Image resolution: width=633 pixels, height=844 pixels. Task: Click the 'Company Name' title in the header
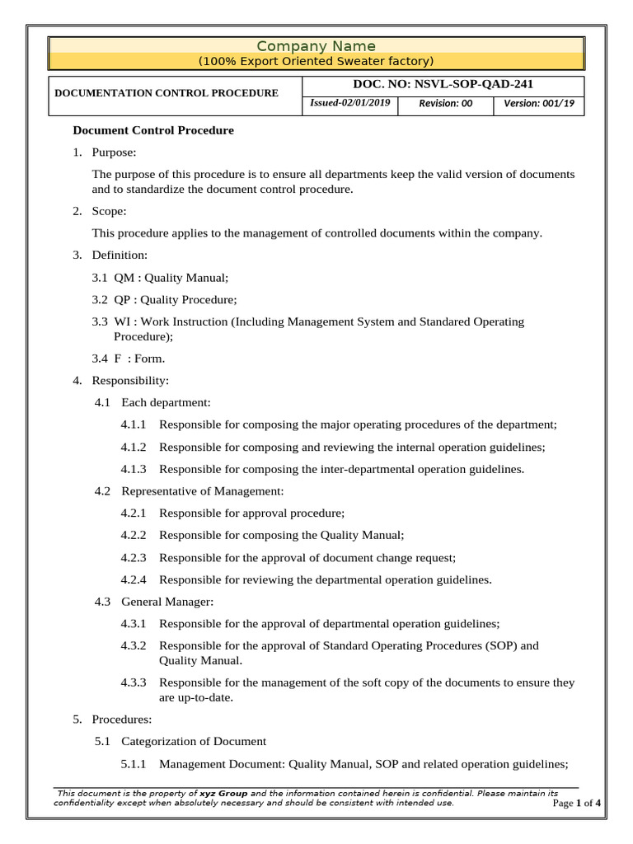point(316,46)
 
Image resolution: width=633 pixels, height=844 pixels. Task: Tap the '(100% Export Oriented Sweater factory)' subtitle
point(316,62)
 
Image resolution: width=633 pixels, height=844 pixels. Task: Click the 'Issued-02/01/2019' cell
point(351,103)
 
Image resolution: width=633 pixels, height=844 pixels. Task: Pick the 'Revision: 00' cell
point(445,104)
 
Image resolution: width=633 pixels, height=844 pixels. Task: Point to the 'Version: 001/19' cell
point(539,104)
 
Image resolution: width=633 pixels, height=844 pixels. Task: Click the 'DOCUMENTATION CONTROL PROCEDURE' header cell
point(166,93)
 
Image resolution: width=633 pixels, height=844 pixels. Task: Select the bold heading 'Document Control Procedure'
point(153,130)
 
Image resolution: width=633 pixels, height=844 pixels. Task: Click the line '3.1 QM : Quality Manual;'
point(160,278)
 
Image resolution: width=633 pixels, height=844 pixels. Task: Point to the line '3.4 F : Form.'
point(129,359)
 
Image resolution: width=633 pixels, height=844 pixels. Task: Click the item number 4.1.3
point(133,469)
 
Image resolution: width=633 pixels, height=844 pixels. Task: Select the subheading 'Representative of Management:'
point(202,491)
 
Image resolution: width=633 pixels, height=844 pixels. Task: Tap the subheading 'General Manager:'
point(167,602)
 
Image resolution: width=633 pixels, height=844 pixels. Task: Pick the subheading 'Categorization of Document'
point(194,741)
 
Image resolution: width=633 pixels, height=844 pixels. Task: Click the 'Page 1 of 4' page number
point(576,804)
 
